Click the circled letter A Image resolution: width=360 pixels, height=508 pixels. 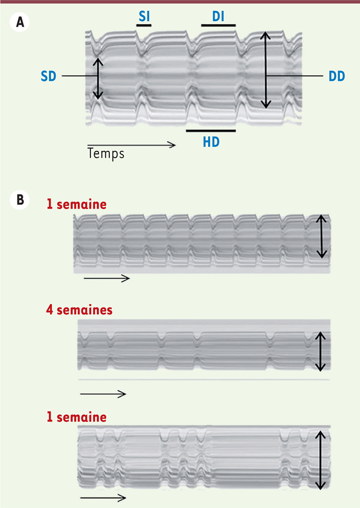click(x=20, y=22)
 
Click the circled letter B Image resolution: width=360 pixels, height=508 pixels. click(x=20, y=200)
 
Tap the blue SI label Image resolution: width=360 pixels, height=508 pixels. click(x=144, y=17)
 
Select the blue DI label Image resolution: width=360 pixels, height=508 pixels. click(x=218, y=17)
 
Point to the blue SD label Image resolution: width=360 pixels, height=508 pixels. click(x=48, y=76)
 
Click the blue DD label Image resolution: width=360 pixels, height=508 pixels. click(x=337, y=76)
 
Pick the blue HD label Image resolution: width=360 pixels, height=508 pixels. click(x=211, y=142)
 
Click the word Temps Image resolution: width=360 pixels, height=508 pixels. click(x=106, y=154)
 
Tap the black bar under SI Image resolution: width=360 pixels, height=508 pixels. click(x=144, y=25)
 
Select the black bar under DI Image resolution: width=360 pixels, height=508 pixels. click(x=218, y=25)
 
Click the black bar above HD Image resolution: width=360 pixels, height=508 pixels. click(x=211, y=131)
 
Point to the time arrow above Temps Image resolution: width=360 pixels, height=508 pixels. click(x=132, y=145)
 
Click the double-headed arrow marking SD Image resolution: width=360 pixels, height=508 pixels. click(x=98, y=79)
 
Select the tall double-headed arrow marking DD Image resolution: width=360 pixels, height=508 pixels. click(x=265, y=70)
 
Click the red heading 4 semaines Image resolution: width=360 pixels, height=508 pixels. click(x=79, y=310)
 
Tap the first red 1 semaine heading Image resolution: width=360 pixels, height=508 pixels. click(x=77, y=204)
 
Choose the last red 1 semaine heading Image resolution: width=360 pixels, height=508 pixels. click(x=77, y=417)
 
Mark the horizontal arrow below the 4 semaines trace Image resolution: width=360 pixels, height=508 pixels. click(x=103, y=394)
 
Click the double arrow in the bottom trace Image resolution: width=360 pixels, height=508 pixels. click(x=320, y=460)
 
